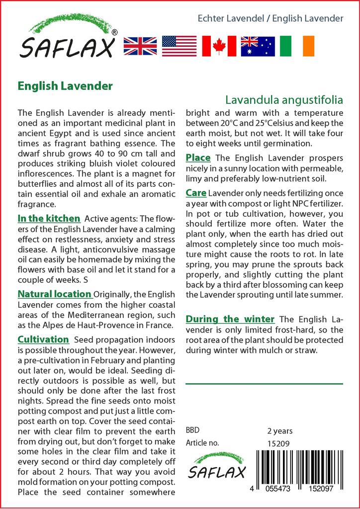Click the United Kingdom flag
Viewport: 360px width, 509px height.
click(x=140, y=46)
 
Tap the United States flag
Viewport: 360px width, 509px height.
click(x=179, y=46)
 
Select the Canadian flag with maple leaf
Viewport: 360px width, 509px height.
click(x=219, y=46)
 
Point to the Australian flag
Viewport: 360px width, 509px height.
click(x=258, y=46)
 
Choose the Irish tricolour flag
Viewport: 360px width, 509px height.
click(x=297, y=46)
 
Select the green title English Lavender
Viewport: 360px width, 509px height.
click(x=65, y=86)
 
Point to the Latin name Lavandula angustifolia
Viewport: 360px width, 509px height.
click(x=284, y=99)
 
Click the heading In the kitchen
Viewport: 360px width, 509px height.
click(x=49, y=218)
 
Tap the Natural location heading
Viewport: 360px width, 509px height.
click(x=55, y=294)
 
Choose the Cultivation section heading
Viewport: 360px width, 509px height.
click(x=43, y=339)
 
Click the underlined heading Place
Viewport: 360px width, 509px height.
click(x=198, y=158)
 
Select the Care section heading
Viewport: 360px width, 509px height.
click(x=196, y=192)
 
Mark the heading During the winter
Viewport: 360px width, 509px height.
click(x=230, y=319)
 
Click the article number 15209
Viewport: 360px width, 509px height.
click(x=278, y=443)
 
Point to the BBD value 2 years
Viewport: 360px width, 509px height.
click(x=280, y=431)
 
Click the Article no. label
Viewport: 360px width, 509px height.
click(x=202, y=443)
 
